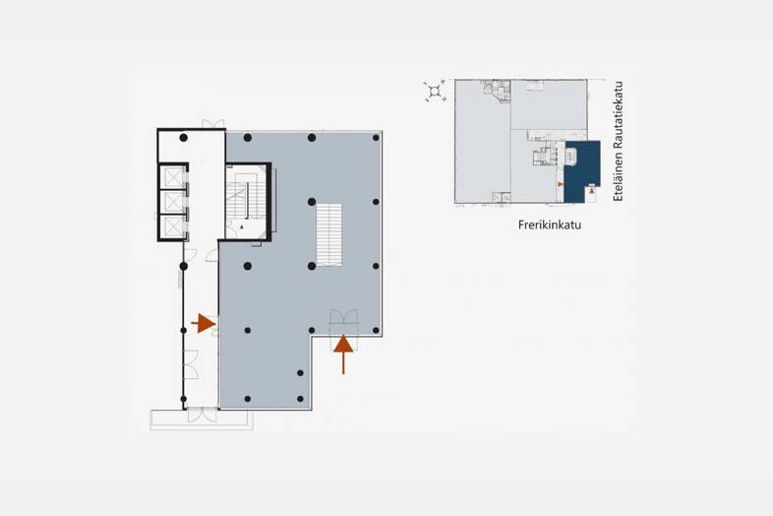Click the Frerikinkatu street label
pyautogui.click(x=549, y=225)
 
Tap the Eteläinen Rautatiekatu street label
pyautogui.click(x=619, y=141)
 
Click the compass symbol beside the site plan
pyautogui.click(x=435, y=91)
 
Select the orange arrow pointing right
pyautogui.click(x=204, y=323)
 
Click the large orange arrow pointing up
pyautogui.click(x=343, y=355)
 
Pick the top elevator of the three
pyautogui.click(x=173, y=177)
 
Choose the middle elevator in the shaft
pyautogui.click(x=173, y=202)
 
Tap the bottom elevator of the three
pyautogui.click(x=173, y=227)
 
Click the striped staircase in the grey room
pyautogui.click(x=328, y=234)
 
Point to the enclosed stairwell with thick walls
pyautogui.click(x=247, y=202)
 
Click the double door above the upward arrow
pyautogui.click(x=343, y=316)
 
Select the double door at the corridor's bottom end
pyautogui.click(x=203, y=415)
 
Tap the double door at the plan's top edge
pyautogui.click(x=213, y=123)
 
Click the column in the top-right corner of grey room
pyautogui.click(x=376, y=138)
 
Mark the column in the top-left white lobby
pyautogui.click(x=183, y=138)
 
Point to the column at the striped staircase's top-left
pyautogui.click(x=312, y=202)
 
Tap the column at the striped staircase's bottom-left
pyautogui.click(x=312, y=266)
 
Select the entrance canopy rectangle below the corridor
pyautogui.click(x=202, y=419)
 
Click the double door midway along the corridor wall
pyautogui.click(x=191, y=364)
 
